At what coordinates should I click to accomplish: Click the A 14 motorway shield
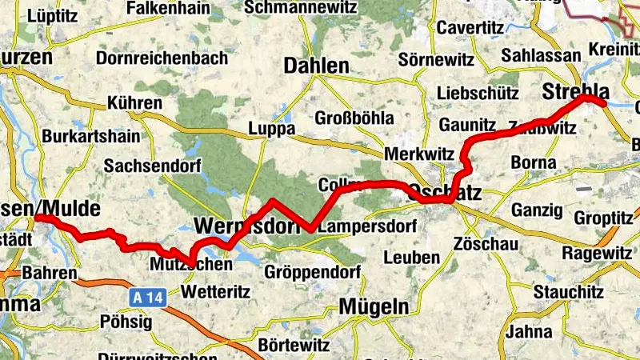click(142, 298)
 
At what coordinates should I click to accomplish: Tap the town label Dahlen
click(316, 66)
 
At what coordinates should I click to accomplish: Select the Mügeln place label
click(374, 306)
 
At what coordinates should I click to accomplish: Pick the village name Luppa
click(272, 128)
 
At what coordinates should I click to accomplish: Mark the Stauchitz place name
click(568, 291)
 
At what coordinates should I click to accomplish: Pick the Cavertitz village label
click(470, 28)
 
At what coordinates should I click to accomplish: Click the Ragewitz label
click(597, 253)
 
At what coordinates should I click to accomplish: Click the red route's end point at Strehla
click(604, 103)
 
